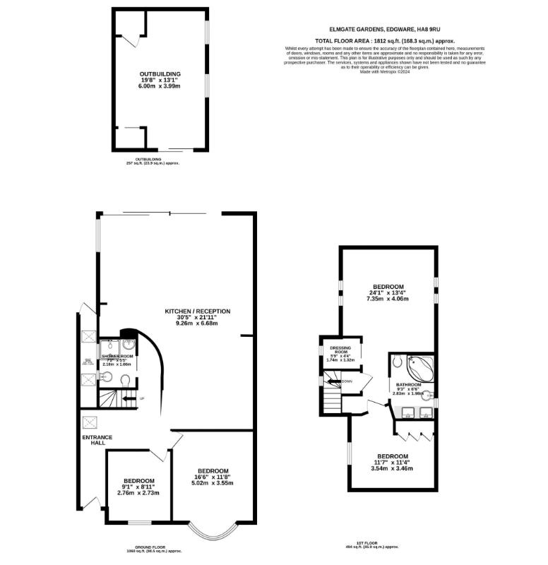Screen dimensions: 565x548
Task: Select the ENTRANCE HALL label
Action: point(97,440)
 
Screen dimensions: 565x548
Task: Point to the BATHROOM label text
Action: point(409,385)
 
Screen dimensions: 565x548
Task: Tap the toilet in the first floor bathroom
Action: point(397,361)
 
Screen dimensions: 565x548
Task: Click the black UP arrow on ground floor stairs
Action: point(128,399)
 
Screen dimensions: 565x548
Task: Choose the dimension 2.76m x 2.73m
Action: point(139,492)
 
